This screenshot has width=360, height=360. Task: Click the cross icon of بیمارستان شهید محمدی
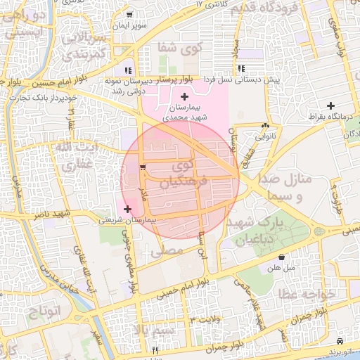coord(185,96)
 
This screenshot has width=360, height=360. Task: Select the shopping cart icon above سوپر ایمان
coord(129,14)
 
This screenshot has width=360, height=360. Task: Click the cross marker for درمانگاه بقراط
coord(331,105)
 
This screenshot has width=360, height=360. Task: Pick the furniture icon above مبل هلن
coord(282,257)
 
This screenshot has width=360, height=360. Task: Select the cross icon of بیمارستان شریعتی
coord(127,209)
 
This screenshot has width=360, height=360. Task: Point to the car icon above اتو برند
coord(340,340)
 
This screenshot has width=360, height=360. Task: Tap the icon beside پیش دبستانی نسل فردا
coord(241,69)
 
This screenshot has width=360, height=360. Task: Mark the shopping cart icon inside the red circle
coord(143,167)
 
